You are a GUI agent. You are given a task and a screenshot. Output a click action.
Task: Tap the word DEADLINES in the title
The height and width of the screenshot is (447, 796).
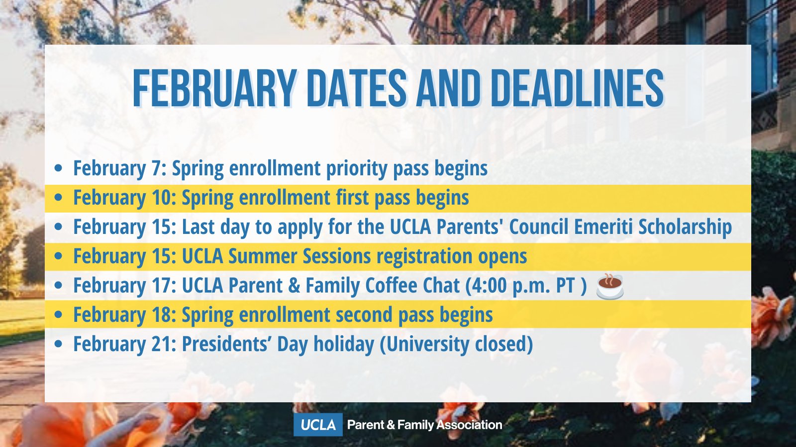coord(577,88)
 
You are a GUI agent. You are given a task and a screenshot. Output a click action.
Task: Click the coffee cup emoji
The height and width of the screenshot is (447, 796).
coord(610,286)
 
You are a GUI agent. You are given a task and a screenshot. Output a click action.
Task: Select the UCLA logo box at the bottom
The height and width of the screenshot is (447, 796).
coord(318,425)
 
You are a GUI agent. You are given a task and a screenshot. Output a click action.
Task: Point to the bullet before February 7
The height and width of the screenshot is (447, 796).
coord(59,168)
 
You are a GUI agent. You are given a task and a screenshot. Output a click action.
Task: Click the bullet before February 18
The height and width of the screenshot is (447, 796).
coord(59,315)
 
